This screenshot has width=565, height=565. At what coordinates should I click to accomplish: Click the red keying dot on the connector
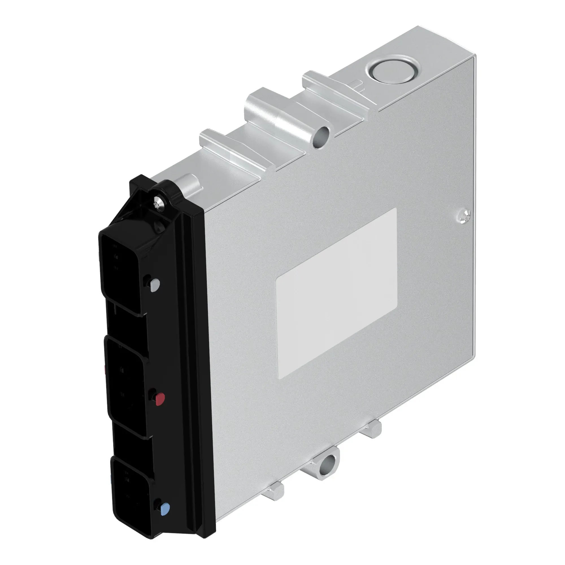pyautogui.click(x=160, y=398)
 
